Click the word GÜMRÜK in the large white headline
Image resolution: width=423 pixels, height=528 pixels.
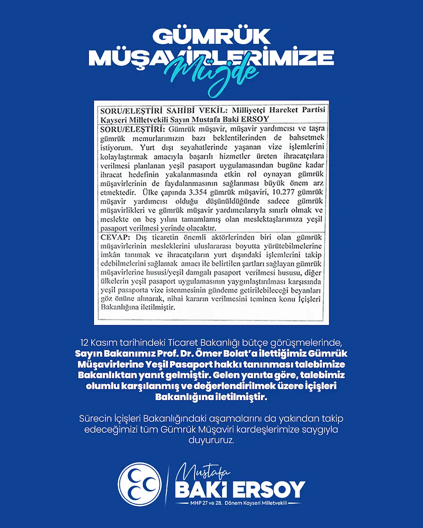click(x=211, y=37)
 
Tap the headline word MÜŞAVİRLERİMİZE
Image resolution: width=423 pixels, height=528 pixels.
click(x=211, y=57)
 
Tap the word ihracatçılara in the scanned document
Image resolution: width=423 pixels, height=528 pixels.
click(x=309, y=156)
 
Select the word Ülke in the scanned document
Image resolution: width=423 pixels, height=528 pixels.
click(x=150, y=192)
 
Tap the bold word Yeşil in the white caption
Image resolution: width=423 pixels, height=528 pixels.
click(x=157, y=365)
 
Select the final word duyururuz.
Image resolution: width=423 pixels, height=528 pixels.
click(x=211, y=440)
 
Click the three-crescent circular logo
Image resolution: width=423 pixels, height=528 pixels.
click(x=140, y=484)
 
